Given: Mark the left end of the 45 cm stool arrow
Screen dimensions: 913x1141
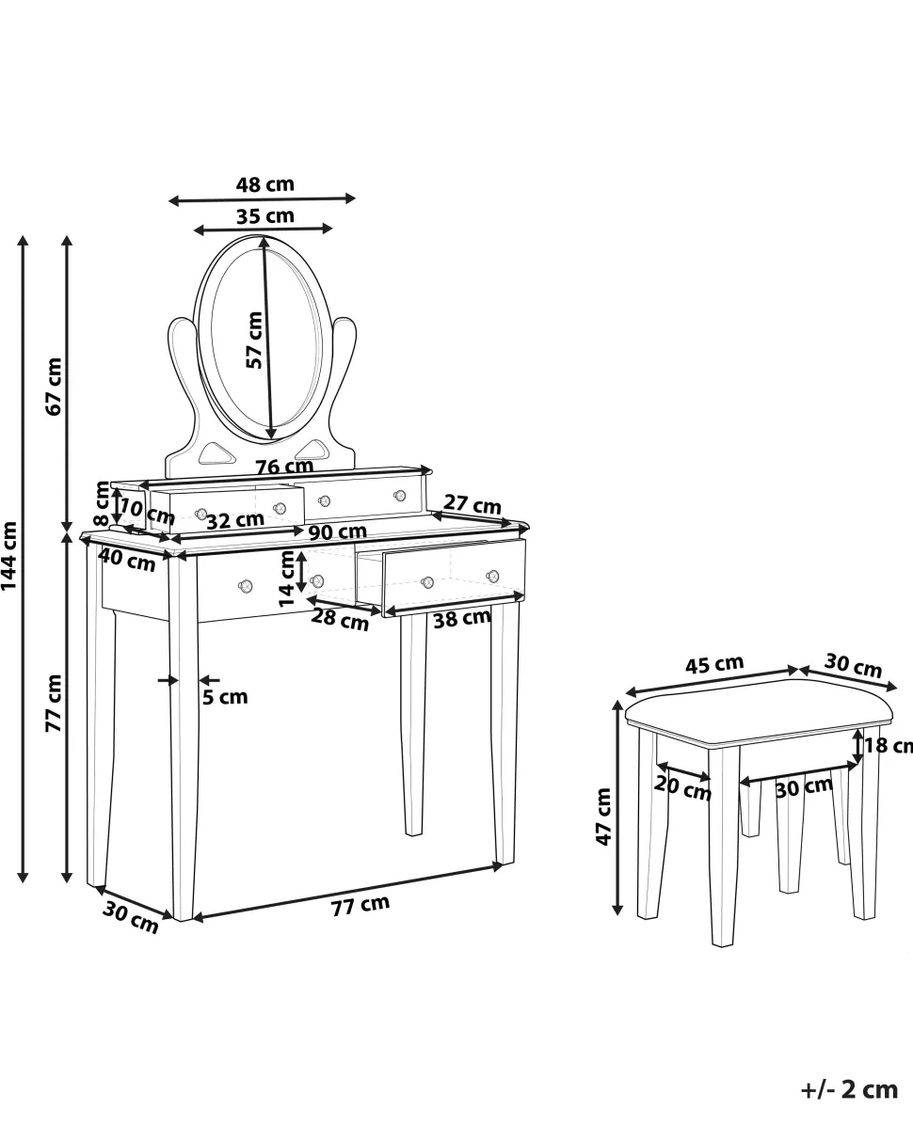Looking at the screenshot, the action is (627, 693).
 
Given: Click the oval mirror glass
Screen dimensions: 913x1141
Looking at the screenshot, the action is (267, 339).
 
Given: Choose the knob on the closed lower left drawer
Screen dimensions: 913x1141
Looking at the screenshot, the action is (245, 585).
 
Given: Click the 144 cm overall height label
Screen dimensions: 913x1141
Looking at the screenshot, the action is (9, 555).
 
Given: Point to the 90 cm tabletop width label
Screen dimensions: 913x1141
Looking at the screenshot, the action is (337, 531).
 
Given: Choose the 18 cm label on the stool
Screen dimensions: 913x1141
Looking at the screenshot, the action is (889, 746).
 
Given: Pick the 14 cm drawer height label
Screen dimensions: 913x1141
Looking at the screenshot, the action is (286, 578).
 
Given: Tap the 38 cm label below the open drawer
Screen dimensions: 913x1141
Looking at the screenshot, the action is (461, 618).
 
